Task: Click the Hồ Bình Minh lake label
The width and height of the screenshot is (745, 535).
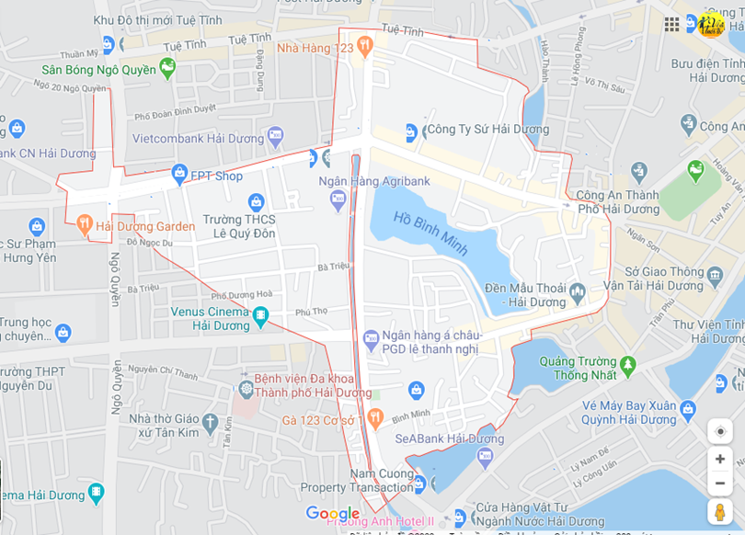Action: tap(430, 233)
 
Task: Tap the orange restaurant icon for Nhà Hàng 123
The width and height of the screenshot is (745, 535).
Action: tap(365, 44)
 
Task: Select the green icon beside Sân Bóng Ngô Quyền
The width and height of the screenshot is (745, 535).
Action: tap(166, 66)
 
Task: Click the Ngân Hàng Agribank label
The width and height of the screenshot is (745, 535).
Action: tap(374, 181)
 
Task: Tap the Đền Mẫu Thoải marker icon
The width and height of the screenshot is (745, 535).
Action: tap(578, 292)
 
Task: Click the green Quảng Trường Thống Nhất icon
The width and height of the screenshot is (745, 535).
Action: tap(628, 365)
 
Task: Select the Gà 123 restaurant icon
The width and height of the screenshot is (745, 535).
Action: tap(374, 418)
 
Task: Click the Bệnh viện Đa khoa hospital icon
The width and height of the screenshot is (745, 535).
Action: tap(246, 389)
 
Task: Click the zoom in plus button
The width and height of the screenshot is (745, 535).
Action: tap(720, 459)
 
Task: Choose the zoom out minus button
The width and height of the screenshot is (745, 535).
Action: tap(720, 483)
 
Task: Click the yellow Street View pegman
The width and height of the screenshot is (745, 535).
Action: tap(720, 511)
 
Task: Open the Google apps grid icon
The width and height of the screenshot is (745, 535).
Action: tap(671, 24)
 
